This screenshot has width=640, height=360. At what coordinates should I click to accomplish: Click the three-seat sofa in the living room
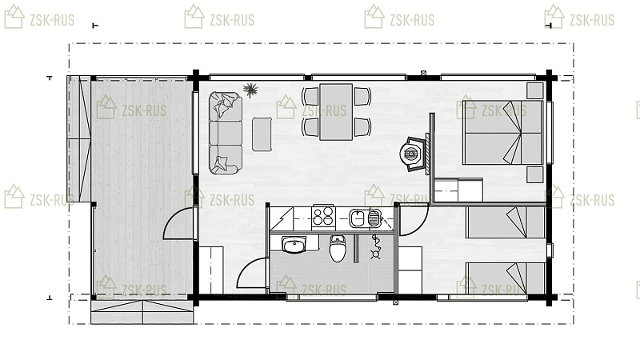tap(226, 133)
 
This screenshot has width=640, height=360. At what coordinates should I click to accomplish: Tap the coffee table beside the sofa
tap(262, 134)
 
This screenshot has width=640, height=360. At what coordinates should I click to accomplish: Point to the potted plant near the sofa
tap(250, 90)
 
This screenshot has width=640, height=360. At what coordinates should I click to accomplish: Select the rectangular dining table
tap(336, 112)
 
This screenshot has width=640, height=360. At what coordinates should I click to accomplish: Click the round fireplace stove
tap(410, 154)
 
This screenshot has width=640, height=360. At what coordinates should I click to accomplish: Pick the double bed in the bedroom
tap(503, 133)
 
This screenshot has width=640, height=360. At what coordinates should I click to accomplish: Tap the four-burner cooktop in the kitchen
tap(323, 216)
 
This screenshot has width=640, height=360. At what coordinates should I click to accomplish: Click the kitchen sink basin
tap(358, 218)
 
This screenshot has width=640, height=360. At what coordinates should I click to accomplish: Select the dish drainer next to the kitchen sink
tap(374, 218)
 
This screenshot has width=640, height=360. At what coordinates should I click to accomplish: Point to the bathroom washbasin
tap(294, 245)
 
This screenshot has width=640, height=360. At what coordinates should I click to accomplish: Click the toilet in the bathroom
tap(338, 249)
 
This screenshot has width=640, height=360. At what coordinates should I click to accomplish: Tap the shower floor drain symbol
tap(375, 255)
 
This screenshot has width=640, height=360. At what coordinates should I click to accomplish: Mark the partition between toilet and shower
tap(355, 248)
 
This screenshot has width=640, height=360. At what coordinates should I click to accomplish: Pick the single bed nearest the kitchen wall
tap(506, 222)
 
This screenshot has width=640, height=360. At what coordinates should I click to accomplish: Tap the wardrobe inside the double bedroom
tap(458, 190)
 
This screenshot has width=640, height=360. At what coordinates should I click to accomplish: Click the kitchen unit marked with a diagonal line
tap(282, 218)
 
